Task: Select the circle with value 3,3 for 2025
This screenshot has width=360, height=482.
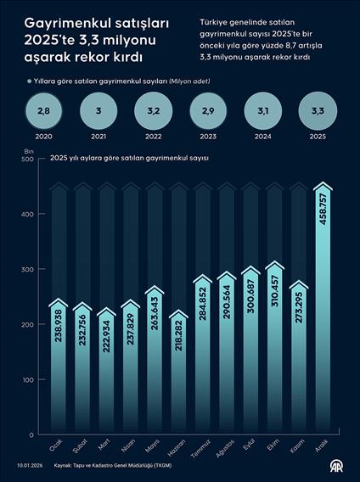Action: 318,111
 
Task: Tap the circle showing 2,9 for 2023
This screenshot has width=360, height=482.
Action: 209,111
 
